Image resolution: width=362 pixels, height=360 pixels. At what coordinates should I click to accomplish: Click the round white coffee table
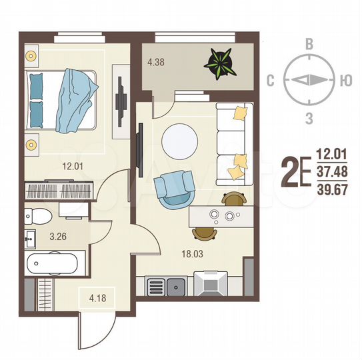(181, 139)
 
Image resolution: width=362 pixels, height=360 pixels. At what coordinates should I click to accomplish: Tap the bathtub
(53, 264)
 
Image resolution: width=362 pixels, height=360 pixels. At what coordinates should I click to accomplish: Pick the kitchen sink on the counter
(178, 287)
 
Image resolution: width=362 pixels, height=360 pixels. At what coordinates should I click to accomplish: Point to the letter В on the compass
(309, 44)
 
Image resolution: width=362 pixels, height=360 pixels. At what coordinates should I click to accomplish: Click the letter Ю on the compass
(345, 81)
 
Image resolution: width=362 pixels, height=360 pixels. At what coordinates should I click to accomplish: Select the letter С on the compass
(271, 81)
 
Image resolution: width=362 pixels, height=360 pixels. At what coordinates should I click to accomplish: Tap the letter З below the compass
(309, 119)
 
